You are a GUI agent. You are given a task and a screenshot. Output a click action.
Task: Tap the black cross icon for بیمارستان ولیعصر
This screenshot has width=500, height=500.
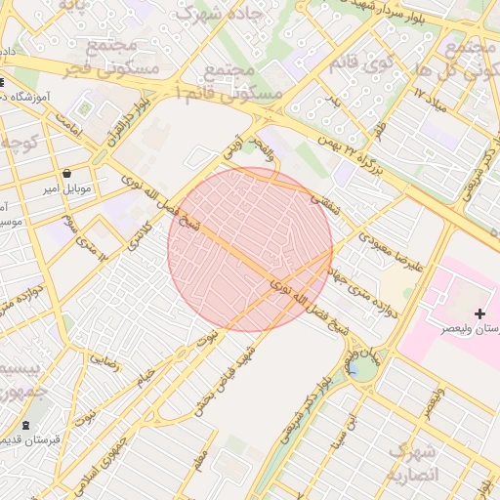[x=479, y=313]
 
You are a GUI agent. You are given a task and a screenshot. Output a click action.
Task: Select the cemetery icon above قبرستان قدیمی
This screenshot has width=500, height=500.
[x=24, y=425]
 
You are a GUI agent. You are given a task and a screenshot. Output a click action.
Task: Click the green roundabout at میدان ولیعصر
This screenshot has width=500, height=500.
[x=363, y=366]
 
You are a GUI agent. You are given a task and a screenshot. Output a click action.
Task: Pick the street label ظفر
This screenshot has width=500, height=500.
[x=379, y=126]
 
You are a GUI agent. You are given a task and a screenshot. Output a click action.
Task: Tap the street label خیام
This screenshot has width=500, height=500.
[x=146, y=374]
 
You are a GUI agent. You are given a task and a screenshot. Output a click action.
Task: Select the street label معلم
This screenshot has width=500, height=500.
[x=201, y=456]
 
